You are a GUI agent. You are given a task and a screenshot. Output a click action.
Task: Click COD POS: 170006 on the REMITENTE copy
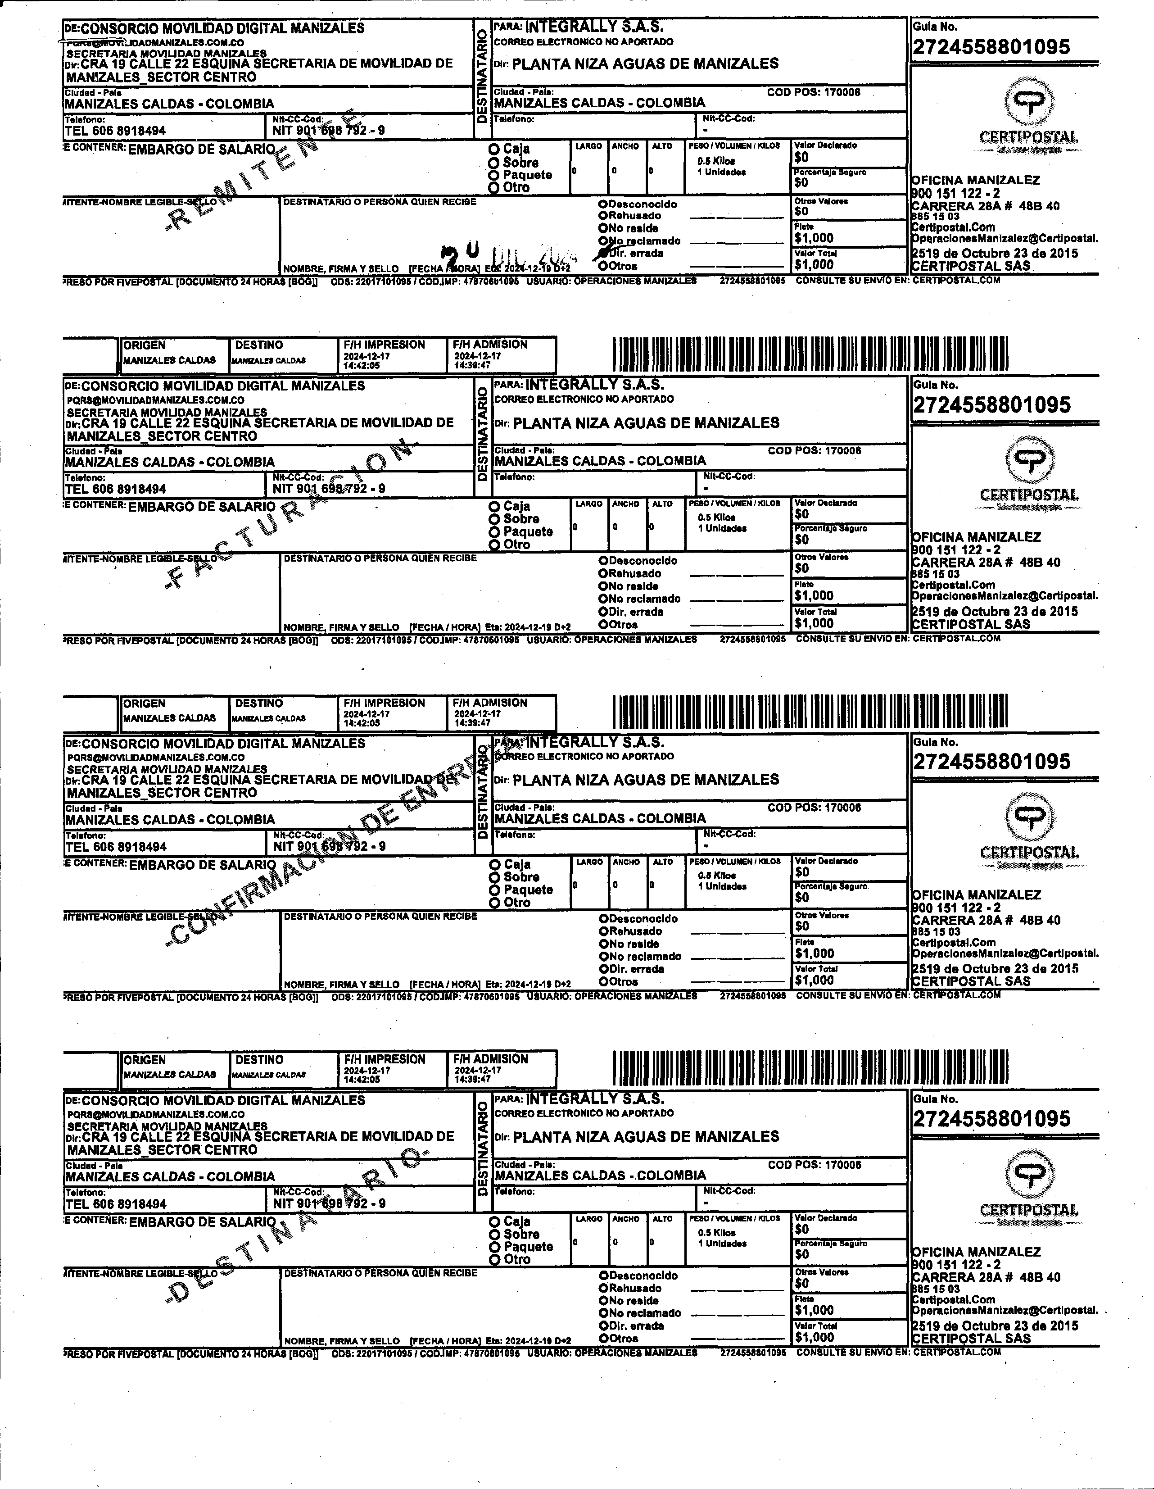point(813,92)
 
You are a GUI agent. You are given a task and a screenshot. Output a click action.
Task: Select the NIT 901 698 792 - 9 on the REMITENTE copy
point(329,130)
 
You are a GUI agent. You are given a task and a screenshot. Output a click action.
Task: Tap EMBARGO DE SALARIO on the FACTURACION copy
point(202,507)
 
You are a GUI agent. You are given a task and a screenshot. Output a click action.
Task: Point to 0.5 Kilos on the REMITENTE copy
point(716,161)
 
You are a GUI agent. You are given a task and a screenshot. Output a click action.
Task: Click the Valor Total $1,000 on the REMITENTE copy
point(814,264)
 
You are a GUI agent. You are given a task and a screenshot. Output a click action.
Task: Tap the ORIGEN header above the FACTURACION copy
point(145,345)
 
